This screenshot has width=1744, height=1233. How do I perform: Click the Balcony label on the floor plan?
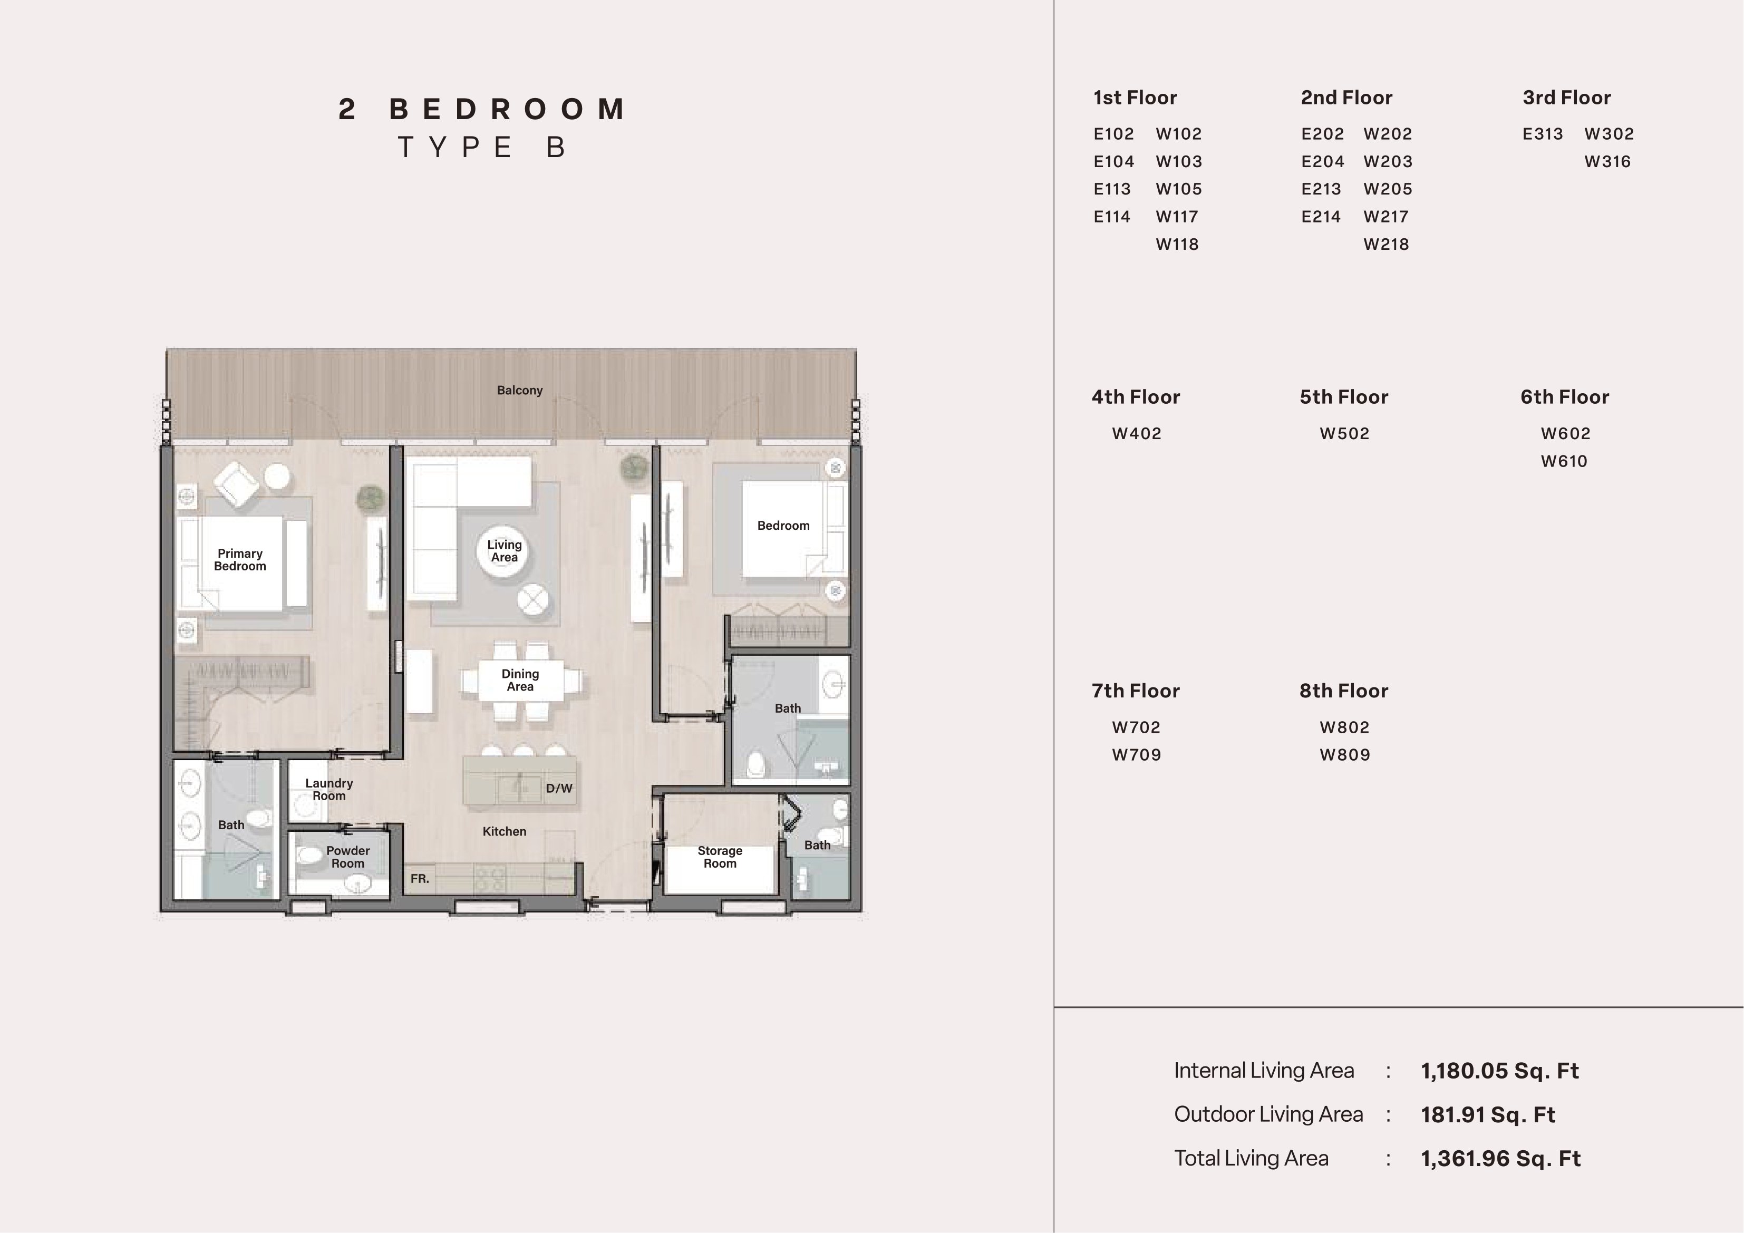(x=519, y=391)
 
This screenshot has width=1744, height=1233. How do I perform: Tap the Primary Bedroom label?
(x=240, y=560)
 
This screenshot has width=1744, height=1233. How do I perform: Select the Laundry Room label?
(x=329, y=789)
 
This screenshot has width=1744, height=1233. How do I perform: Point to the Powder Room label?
(x=348, y=857)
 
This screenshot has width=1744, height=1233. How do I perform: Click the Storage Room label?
(x=720, y=857)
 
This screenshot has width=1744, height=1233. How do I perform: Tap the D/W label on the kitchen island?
(x=559, y=789)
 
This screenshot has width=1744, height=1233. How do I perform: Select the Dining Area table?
(x=521, y=681)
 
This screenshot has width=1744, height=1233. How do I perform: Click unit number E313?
(x=1543, y=134)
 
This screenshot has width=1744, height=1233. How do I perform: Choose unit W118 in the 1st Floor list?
(x=1177, y=245)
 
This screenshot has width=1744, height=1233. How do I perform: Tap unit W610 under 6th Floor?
(x=1564, y=461)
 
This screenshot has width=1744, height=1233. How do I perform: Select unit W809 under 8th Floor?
(x=1345, y=755)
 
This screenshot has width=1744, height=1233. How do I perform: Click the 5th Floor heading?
(x=1344, y=397)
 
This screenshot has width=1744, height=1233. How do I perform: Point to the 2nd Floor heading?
(x=1346, y=98)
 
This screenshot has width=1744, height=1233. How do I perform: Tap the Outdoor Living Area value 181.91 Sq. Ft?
(x=1488, y=1115)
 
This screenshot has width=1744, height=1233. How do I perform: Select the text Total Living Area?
(x=1251, y=1159)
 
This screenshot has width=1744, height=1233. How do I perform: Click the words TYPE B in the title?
(x=482, y=148)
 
